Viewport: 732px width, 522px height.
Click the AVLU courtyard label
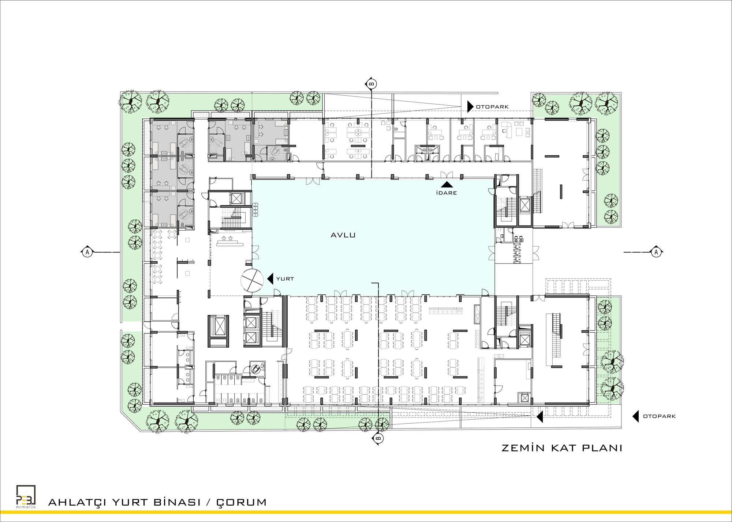click(343, 235)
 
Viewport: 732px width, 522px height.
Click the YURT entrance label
click(285, 279)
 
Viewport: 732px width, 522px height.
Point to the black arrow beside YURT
click(270, 279)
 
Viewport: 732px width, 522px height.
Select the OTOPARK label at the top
click(492, 107)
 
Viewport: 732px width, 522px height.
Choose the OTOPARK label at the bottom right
click(659, 416)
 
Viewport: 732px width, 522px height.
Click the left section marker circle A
click(87, 252)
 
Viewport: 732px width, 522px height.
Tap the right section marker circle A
click(656, 252)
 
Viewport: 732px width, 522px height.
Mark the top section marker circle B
click(371, 84)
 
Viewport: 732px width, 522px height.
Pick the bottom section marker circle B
click(378, 438)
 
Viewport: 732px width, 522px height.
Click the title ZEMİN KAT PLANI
click(562, 448)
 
